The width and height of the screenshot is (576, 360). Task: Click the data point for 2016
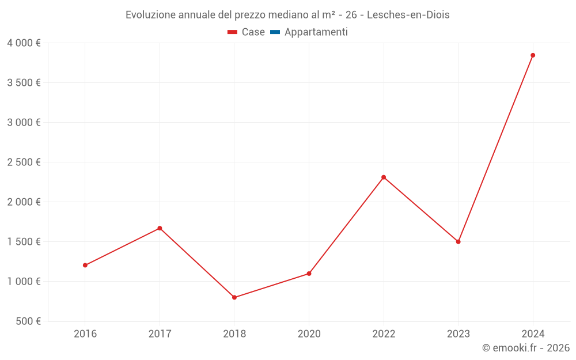pos(85,266)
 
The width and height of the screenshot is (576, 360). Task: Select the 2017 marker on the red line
pos(160,228)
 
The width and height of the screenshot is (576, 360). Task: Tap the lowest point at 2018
pos(234,298)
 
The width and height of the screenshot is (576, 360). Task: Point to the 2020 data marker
pos(309,274)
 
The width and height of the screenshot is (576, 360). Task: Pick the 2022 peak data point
pos(384,177)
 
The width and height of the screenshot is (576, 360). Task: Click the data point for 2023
pos(458,242)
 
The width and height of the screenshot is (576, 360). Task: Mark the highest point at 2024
pos(533,55)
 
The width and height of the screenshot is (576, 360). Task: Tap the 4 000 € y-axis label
pos(24,43)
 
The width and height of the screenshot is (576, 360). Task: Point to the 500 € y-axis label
pos(28,321)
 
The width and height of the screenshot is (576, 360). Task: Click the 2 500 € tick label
pos(24,162)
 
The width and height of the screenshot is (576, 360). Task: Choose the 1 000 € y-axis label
pos(24,282)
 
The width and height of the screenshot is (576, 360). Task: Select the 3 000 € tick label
pos(24,123)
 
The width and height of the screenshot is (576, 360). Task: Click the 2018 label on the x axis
pos(234,334)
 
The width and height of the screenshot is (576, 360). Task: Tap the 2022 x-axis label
pos(384,334)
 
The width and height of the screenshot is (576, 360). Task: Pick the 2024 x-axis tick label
pos(533,334)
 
